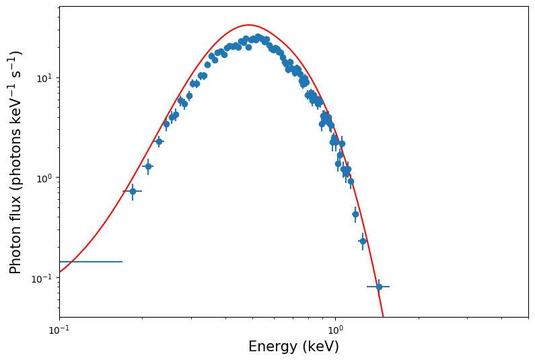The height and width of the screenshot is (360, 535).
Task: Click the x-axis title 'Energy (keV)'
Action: click(293, 347)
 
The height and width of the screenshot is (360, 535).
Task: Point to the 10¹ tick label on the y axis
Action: click(43, 77)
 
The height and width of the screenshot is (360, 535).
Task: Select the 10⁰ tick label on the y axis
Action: click(43, 178)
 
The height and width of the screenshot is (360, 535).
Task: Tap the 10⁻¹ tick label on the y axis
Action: click(42, 278)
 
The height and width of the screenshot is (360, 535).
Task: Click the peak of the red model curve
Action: click(249, 25)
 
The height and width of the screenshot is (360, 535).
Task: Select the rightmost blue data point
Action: click(379, 287)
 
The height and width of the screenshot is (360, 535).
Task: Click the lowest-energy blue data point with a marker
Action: click(133, 191)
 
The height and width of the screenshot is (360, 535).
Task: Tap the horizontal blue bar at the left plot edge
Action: click(91, 262)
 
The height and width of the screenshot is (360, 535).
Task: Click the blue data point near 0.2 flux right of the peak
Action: click(363, 242)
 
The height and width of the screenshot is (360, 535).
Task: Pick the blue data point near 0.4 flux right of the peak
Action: click(355, 214)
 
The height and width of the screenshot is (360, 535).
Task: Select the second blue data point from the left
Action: click(148, 166)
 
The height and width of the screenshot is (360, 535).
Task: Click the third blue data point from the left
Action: click(159, 141)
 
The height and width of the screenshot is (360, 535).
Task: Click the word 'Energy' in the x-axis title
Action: click(273, 347)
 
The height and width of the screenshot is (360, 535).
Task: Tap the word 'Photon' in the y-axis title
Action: click(15, 254)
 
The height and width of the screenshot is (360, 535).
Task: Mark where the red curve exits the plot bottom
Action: click(384, 317)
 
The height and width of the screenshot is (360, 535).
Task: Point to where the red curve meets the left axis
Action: click(60, 272)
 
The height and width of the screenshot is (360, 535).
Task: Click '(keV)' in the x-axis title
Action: click(321, 347)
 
